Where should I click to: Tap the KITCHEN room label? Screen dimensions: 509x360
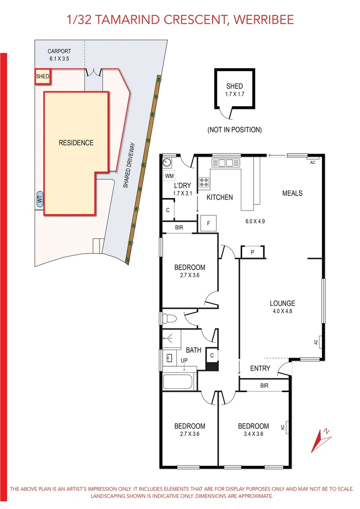(220, 197)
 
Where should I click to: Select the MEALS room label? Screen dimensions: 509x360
(292, 193)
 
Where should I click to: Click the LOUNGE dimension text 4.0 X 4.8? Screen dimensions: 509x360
(282, 311)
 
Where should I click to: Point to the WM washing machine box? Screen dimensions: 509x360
(169, 176)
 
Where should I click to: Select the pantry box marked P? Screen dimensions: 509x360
(253, 252)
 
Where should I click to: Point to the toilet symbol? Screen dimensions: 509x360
(168, 319)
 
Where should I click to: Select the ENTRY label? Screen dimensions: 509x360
(260, 368)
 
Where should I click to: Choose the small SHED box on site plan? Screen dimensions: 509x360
(42, 76)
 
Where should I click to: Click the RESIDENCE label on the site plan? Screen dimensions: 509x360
(76, 143)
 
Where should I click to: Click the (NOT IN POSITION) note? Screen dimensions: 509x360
(234, 130)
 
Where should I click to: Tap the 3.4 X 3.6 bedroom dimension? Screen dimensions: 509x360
(254, 434)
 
